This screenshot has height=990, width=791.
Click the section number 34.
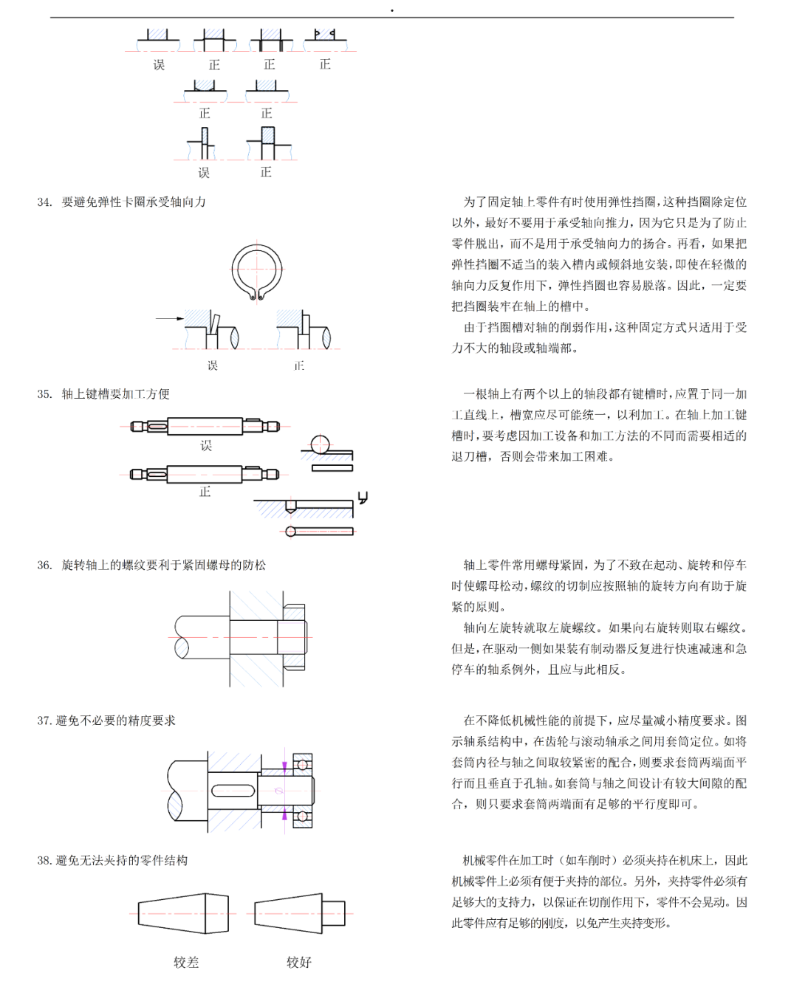[x=44, y=202]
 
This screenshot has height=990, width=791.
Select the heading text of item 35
[x=115, y=394]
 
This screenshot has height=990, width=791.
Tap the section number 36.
[x=44, y=566]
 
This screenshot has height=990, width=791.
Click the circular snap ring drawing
[x=257, y=272]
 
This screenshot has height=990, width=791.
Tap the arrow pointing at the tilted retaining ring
[x=169, y=319]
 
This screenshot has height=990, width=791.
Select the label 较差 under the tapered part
[x=186, y=962]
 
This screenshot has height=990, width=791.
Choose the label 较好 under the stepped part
[x=299, y=962]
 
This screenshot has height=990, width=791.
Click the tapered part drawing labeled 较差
[x=183, y=913]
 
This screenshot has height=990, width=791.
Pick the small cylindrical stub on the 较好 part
[x=334, y=913]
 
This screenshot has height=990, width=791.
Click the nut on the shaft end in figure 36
[x=293, y=636]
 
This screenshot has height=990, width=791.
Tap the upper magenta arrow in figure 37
[x=285, y=768]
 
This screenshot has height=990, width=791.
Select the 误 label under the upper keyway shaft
[x=206, y=446]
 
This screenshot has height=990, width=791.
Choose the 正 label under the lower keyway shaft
[x=205, y=492]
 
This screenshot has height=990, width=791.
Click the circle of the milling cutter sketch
[x=320, y=444]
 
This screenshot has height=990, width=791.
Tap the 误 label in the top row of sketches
[x=159, y=65]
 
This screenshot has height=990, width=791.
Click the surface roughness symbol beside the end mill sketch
[x=363, y=498]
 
